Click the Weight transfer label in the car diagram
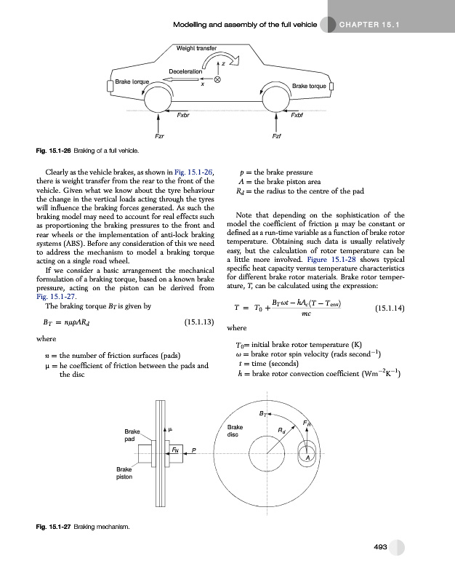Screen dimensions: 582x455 click(x=198, y=48)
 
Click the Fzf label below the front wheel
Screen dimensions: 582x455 click(x=277, y=136)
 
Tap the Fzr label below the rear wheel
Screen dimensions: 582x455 click(x=159, y=136)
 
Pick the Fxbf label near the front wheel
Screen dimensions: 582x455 click(x=297, y=115)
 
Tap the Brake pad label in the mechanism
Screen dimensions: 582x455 click(x=132, y=435)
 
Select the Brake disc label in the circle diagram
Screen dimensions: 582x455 click(x=235, y=430)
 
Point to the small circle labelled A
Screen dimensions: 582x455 click(x=308, y=457)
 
